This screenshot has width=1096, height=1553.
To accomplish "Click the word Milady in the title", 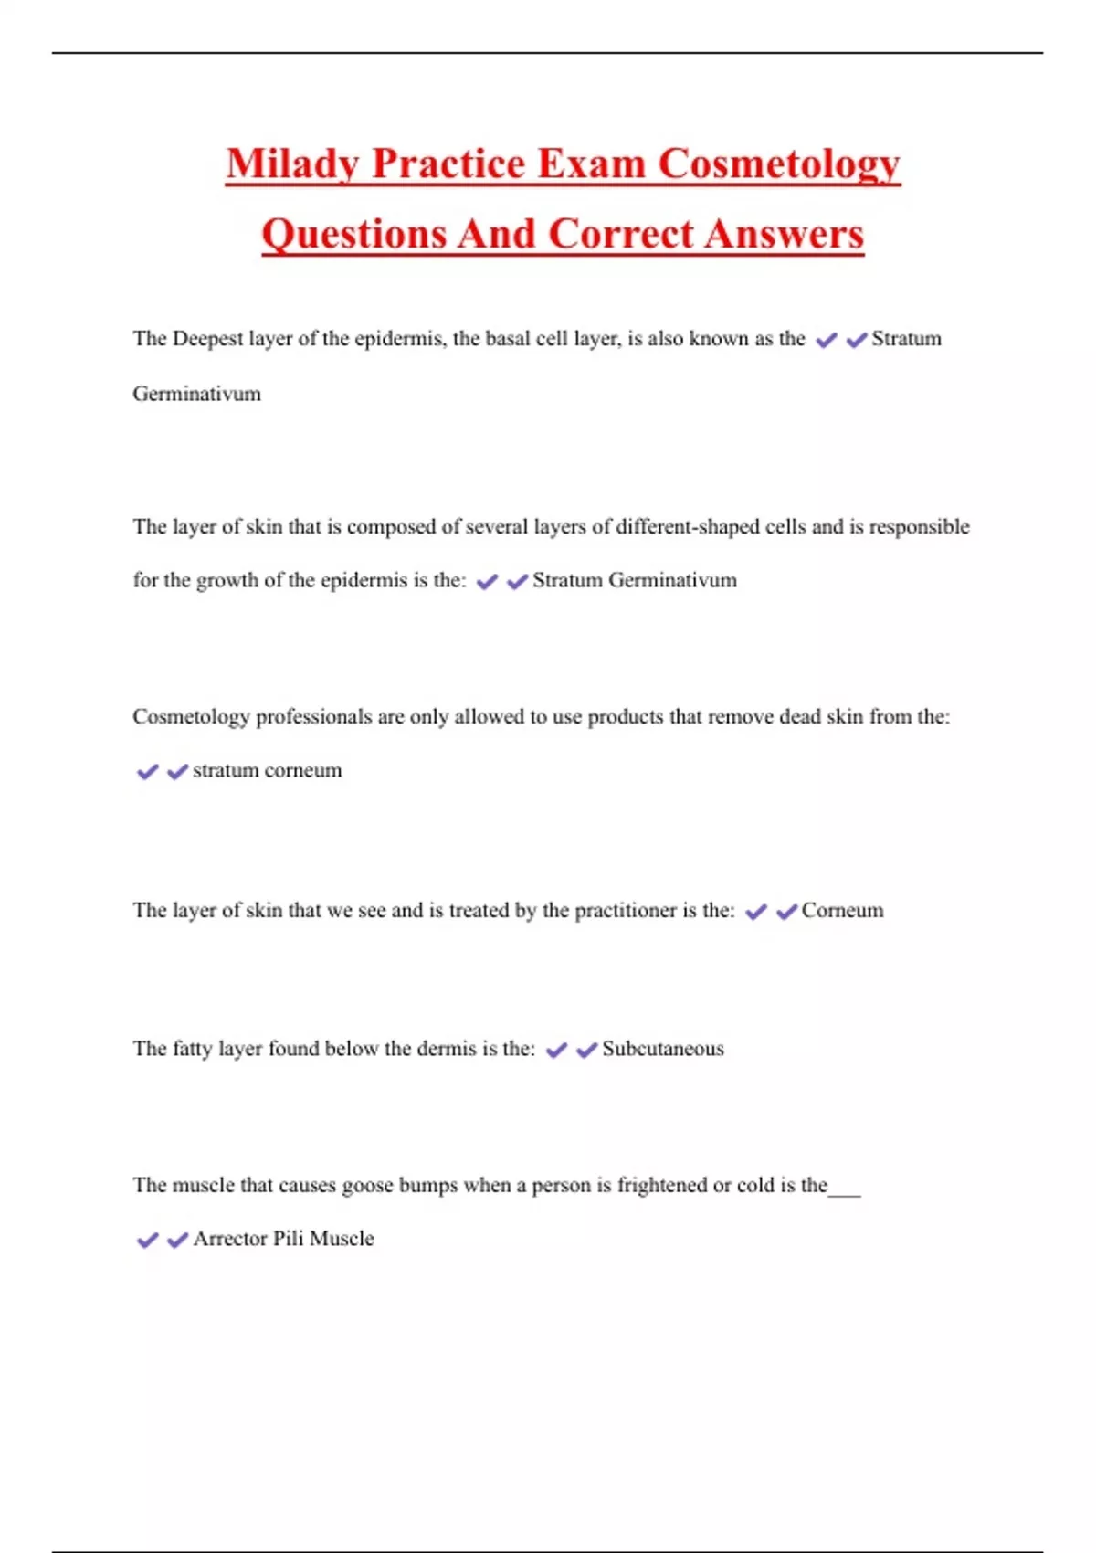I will coord(292,164).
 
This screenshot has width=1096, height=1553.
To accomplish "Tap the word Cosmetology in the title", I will coord(779,164).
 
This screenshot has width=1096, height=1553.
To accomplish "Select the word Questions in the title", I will coord(353,234).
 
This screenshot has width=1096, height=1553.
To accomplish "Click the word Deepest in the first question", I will coord(207,339).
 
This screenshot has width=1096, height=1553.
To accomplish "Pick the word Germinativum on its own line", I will coord(196,394).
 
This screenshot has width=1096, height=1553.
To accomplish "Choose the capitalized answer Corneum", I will coord(842,911).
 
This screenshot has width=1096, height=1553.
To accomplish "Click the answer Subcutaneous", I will coord(663,1049).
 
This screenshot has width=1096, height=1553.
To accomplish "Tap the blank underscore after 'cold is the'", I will coord(845,1191).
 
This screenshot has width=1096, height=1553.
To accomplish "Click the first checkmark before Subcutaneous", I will coord(556,1051).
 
